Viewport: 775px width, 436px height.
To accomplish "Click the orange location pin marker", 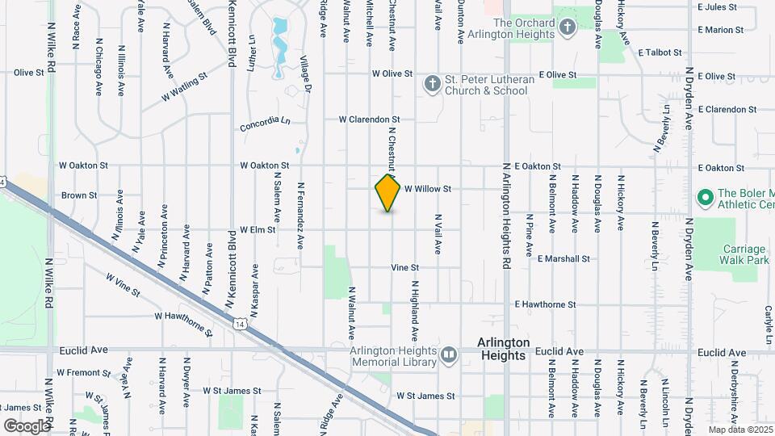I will tap(388, 193).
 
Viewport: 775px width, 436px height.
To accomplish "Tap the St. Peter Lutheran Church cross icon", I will tap(433, 83).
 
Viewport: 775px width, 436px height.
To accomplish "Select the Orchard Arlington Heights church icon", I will tap(568, 28).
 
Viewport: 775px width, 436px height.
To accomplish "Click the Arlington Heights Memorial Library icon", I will tap(449, 353).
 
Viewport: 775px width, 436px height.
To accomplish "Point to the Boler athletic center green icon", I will tap(704, 196).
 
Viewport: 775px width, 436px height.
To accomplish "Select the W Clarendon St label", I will tap(369, 119).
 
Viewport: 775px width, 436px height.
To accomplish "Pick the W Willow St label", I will tap(427, 189).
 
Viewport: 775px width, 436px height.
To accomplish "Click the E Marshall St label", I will tap(563, 259).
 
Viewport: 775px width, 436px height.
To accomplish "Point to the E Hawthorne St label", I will tap(545, 305).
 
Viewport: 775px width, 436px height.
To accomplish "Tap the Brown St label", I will tap(79, 195).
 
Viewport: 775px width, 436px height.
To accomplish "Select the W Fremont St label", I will tap(84, 373).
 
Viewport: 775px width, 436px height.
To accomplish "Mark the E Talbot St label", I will tap(660, 52).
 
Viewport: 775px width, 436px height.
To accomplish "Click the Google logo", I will tap(26, 426).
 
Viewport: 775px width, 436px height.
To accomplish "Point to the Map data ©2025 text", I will tap(740, 430).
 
